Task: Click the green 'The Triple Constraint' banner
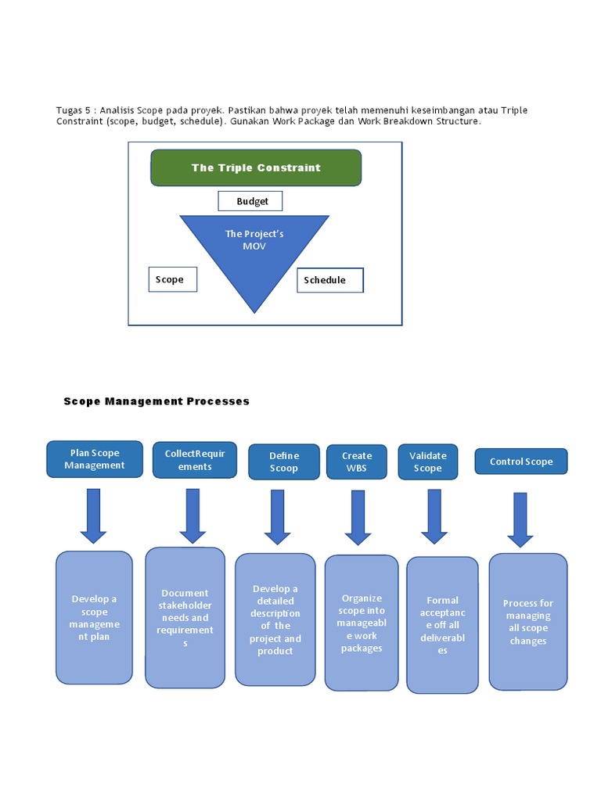pyautogui.click(x=256, y=167)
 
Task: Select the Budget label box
pyautogui.click(x=250, y=201)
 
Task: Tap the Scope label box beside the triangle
pyautogui.click(x=172, y=279)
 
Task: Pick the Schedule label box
pyautogui.click(x=329, y=280)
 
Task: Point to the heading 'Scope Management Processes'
pyautogui.click(x=157, y=401)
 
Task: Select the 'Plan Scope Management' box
pyautogui.click(x=95, y=459)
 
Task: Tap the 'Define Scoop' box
pyautogui.click(x=284, y=462)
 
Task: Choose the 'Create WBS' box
pyautogui.click(x=357, y=462)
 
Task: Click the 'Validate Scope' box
pyautogui.click(x=427, y=462)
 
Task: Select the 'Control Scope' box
pyautogui.click(x=521, y=462)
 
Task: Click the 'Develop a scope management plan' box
pyautogui.click(x=94, y=617)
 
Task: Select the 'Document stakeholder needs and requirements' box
pyautogui.click(x=185, y=617)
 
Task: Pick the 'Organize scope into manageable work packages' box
pyautogui.click(x=362, y=623)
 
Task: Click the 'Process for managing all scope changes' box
pyautogui.click(x=528, y=621)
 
